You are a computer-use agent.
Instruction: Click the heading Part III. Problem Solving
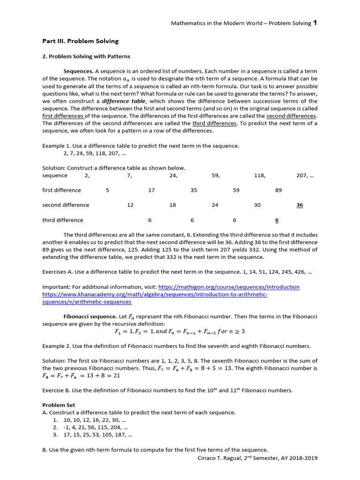click(80, 41)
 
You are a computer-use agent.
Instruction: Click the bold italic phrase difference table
click(124, 101)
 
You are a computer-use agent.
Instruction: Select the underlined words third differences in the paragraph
click(214, 123)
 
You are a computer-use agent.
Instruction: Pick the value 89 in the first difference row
click(278, 190)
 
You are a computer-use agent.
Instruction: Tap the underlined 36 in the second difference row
click(300, 205)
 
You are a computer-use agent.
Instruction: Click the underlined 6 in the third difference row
click(277, 220)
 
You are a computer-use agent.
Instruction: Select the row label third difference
click(62, 220)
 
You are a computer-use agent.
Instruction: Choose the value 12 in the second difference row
click(130, 205)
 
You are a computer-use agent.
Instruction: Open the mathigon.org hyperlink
click(229, 287)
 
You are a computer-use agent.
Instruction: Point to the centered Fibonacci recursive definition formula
click(180, 331)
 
